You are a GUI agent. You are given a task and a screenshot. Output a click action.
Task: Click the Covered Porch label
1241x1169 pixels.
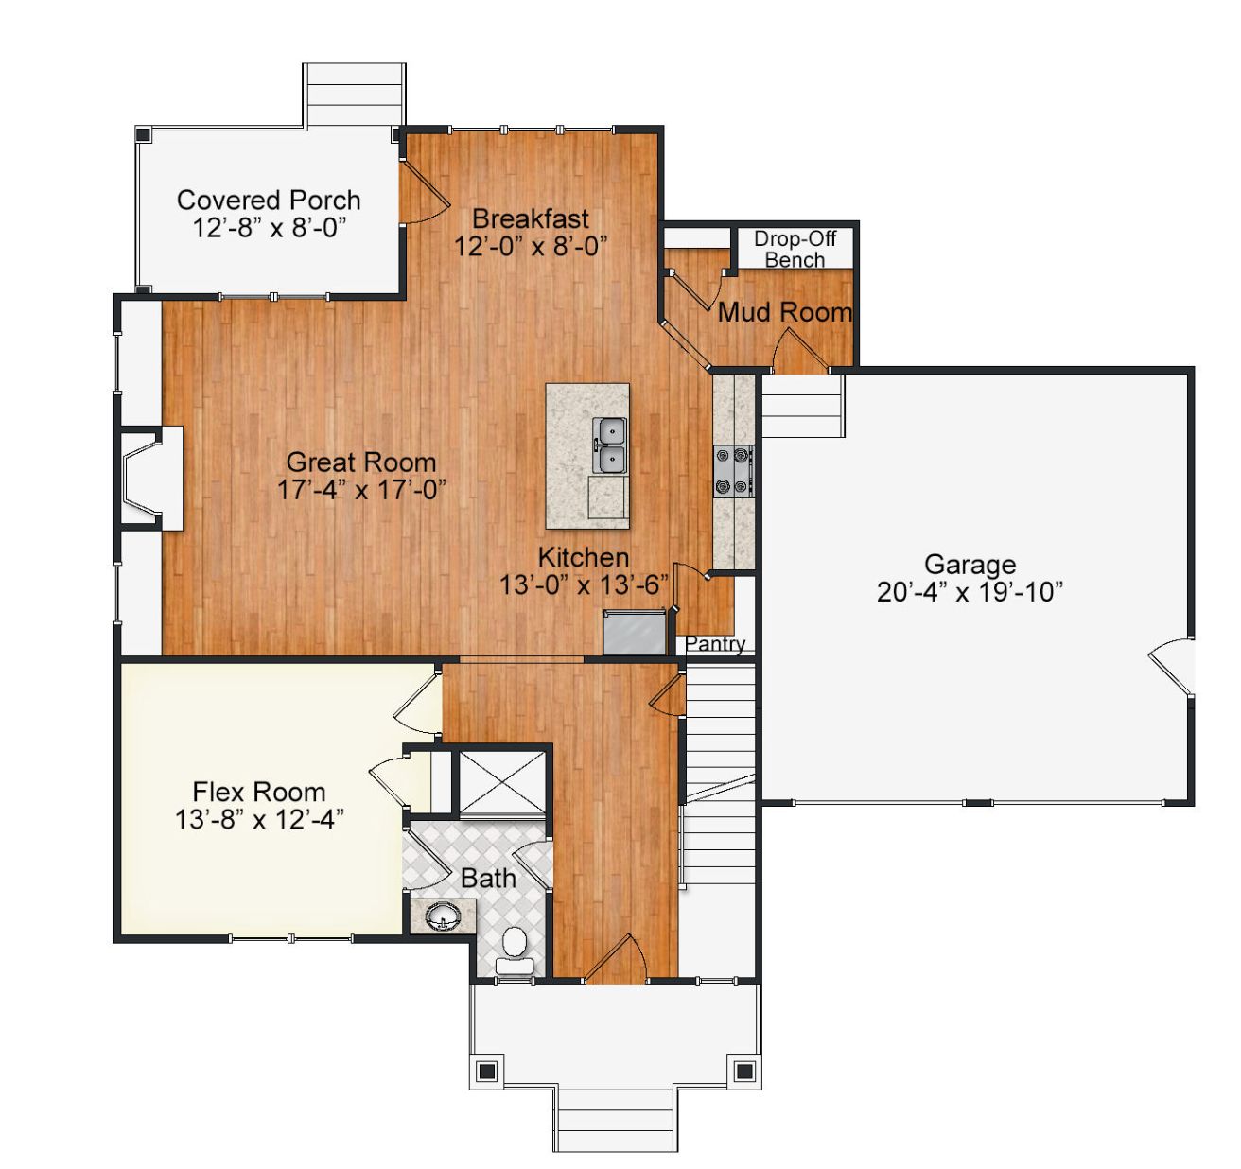[x=269, y=201]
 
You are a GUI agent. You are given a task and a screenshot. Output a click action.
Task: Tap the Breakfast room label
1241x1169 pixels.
[x=530, y=218]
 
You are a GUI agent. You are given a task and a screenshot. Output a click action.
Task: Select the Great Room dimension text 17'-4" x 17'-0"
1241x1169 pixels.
[x=361, y=489]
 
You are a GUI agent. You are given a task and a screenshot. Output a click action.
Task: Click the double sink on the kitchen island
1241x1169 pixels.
[x=610, y=445]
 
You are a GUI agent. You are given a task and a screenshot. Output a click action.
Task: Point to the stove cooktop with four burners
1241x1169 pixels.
[x=733, y=470]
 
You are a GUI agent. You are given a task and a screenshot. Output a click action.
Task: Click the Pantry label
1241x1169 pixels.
[x=715, y=644]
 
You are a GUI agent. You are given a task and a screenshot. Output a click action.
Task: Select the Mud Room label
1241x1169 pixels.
[x=784, y=312]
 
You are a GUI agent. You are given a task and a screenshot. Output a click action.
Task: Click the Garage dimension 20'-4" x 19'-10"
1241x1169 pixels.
[x=970, y=592]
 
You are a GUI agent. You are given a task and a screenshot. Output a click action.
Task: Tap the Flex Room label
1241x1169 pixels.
[x=258, y=792]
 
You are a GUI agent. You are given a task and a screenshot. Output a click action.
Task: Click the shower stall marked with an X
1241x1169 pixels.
[x=502, y=782]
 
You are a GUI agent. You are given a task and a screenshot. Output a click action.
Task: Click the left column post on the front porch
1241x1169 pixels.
[x=487, y=1071]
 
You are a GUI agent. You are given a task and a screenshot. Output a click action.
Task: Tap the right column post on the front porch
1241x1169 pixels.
[x=744, y=1071]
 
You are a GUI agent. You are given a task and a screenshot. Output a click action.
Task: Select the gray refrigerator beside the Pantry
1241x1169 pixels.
[x=634, y=633]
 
